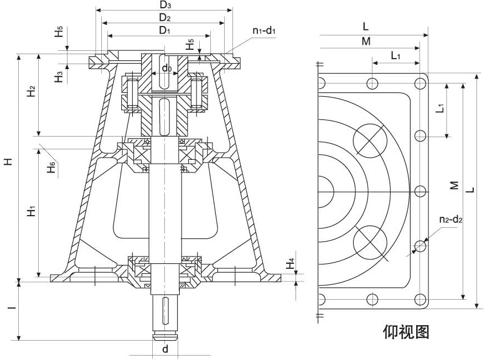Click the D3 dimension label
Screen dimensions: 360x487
[164, 5]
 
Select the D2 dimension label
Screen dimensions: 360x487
[164, 18]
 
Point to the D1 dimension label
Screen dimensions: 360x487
[164, 30]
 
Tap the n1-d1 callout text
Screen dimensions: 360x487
[264, 31]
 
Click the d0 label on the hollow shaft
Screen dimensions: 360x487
[166, 69]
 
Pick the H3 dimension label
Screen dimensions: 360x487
[59, 76]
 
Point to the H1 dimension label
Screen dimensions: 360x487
[32, 210]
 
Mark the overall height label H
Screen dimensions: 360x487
[8, 161]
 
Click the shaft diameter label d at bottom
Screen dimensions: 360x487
[165, 349]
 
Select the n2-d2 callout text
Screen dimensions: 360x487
[450, 220]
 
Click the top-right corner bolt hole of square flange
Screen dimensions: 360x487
[421, 84]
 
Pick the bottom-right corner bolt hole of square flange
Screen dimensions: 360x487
[421, 299]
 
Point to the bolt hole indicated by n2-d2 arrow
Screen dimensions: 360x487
[421, 245]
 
